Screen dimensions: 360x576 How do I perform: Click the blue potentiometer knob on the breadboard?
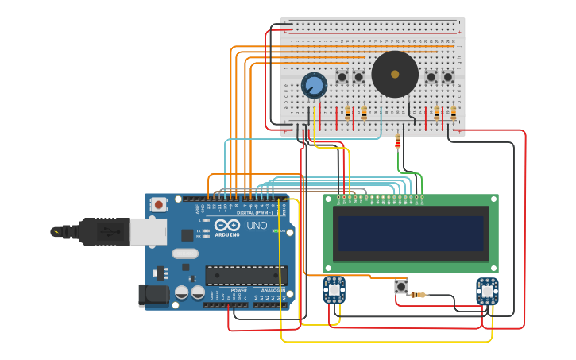(314, 85)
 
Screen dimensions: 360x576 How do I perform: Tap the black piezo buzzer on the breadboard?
(395, 74)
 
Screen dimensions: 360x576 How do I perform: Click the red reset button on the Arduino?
(158, 204)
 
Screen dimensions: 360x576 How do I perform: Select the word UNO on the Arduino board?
(257, 226)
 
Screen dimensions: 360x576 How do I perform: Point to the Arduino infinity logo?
(227, 226)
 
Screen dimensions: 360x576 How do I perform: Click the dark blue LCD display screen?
(411, 233)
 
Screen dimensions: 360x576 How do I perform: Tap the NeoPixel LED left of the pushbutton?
(334, 290)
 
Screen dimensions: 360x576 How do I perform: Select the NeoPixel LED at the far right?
(487, 291)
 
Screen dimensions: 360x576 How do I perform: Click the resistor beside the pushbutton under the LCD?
(418, 295)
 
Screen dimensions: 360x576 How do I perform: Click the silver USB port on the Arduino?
(148, 231)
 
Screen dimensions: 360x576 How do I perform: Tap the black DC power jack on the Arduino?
(153, 295)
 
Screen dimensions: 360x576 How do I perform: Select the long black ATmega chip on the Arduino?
(245, 275)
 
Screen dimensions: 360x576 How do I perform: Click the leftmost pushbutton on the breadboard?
(342, 77)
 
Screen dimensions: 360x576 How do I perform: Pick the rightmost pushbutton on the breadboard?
(448, 77)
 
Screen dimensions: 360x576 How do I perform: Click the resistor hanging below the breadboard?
(397, 141)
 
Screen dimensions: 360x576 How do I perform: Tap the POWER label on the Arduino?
(238, 290)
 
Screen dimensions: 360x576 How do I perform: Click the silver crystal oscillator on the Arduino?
(184, 254)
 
